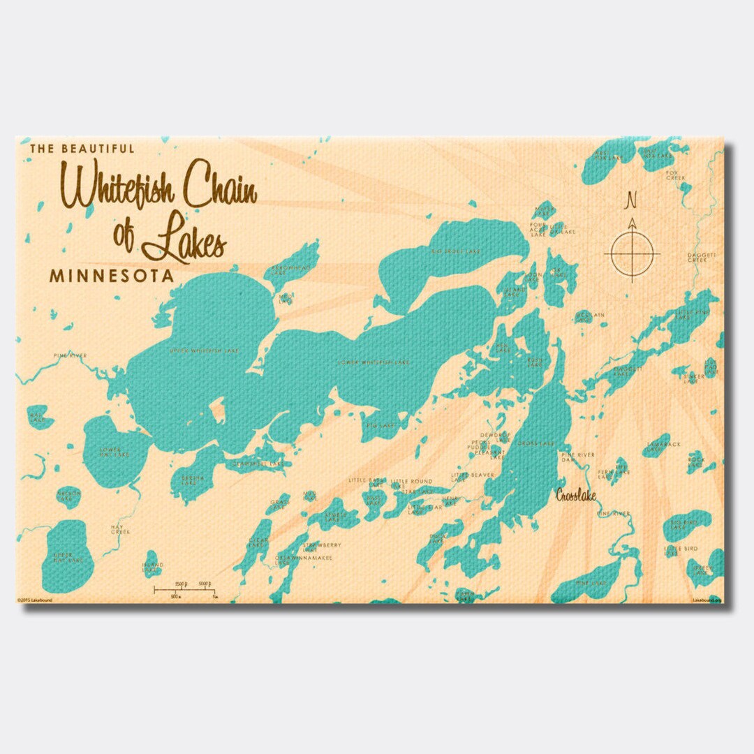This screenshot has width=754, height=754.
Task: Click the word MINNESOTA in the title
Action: [x=112, y=276]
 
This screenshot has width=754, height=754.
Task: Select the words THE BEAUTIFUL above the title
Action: [x=82, y=149]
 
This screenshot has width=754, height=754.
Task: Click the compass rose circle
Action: [x=633, y=252]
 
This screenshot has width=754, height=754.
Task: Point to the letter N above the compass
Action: [x=632, y=200]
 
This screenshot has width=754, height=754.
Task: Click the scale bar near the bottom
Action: [x=185, y=590]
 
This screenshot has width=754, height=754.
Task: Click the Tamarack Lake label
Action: [x=658, y=446]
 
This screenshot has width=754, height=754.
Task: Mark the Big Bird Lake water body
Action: [x=688, y=524]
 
